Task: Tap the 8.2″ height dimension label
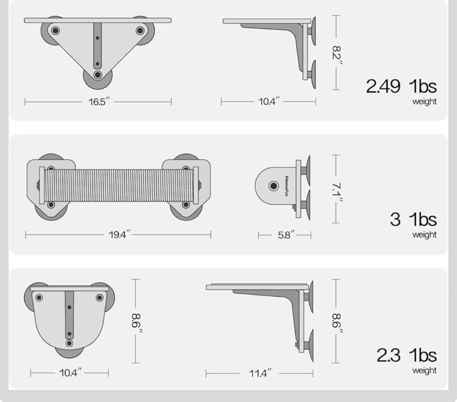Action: pyautogui.click(x=337, y=56)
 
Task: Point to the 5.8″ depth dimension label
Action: pyautogui.click(x=286, y=235)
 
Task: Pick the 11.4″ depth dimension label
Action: pyautogui.click(x=260, y=373)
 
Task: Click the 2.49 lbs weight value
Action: pyautogui.click(x=401, y=86)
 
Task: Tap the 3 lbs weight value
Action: pyautogui.click(x=413, y=220)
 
